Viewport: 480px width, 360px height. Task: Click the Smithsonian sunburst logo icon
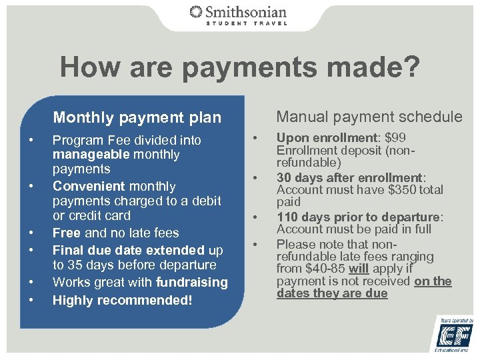click(196, 12)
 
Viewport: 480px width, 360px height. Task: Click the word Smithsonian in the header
click(246, 11)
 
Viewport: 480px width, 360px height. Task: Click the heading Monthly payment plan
click(137, 118)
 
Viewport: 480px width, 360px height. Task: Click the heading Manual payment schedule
click(369, 117)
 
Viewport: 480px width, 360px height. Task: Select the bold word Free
click(66, 233)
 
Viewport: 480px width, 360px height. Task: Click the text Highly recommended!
click(122, 300)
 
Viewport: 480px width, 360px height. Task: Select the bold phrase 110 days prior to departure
click(359, 216)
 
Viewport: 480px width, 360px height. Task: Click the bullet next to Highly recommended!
click(31, 301)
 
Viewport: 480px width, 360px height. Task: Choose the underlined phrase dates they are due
click(332, 293)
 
